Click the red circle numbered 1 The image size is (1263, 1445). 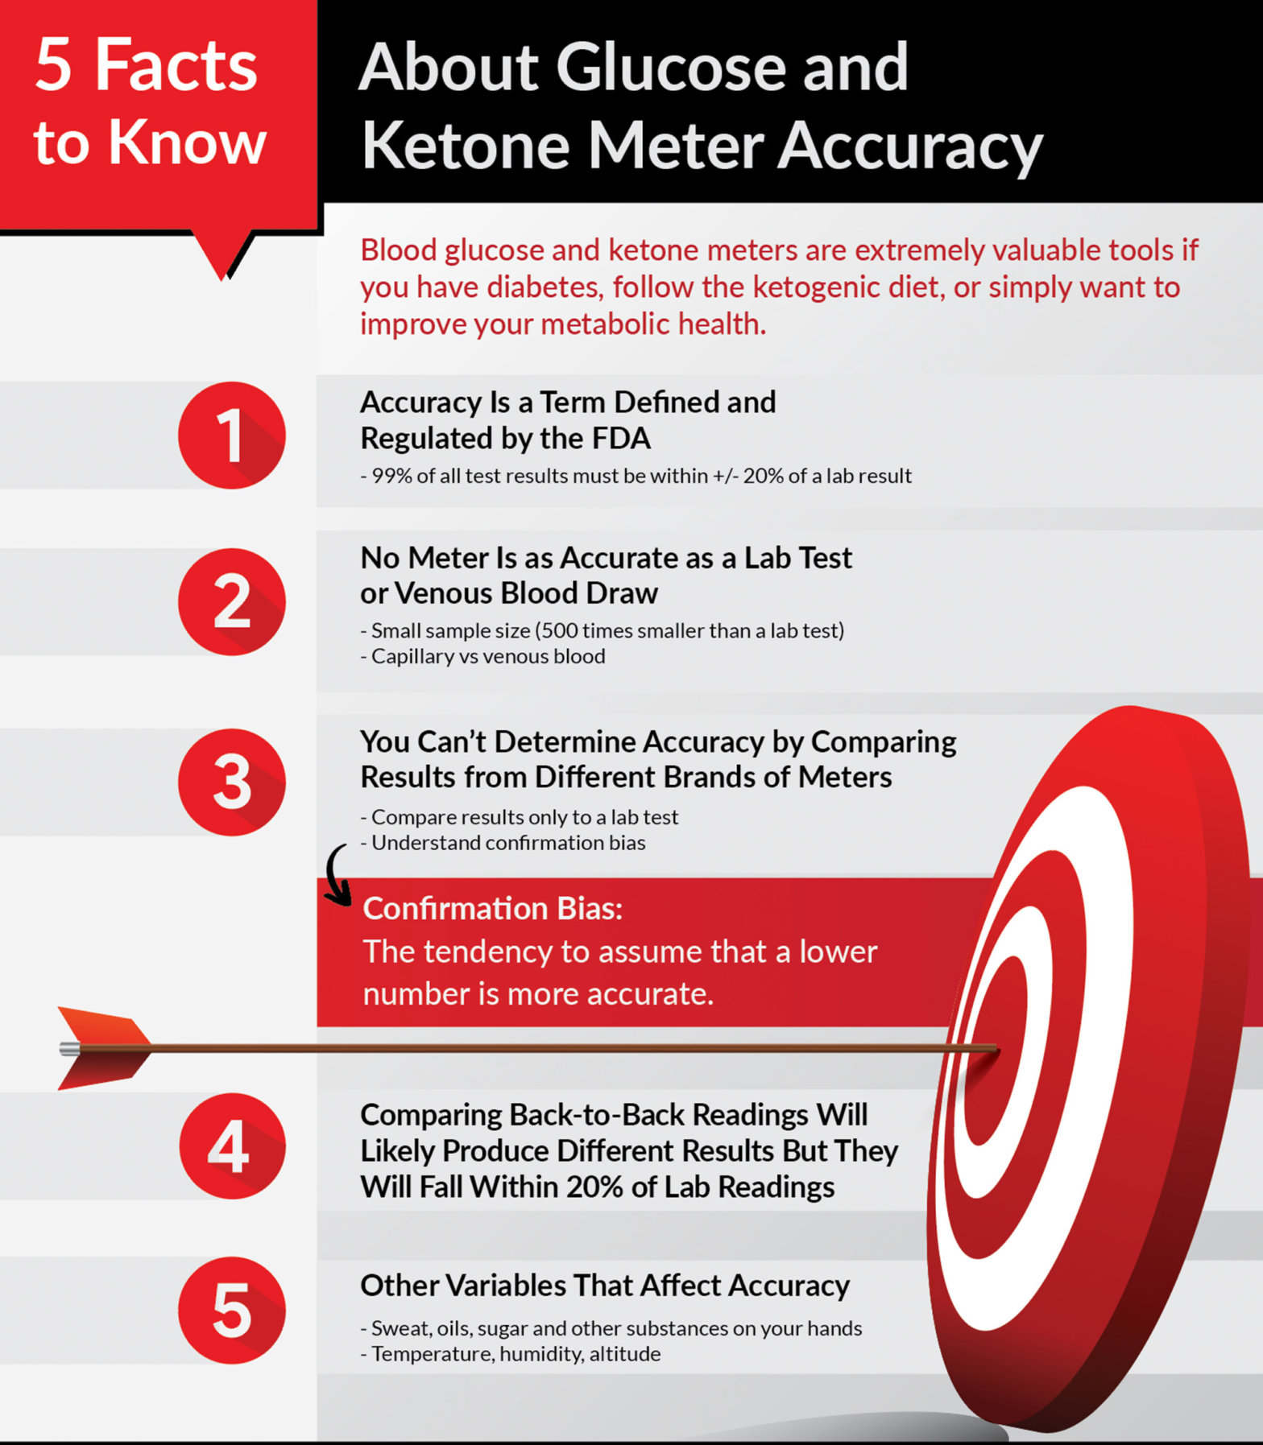coord(231,436)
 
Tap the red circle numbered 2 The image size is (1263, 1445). coord(231,602)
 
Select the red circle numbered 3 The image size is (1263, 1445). coord(231,782)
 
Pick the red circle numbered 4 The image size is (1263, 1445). coord(231,1146)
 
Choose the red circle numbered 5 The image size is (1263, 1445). coord(231,1311)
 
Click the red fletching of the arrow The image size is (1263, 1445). coord(105,1048)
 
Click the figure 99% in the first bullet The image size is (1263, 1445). coord(391,476)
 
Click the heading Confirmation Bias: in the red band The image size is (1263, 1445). coord(492,908)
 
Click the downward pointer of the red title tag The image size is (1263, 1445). coord(224,262)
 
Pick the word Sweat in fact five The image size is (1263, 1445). coord(398,1328)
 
